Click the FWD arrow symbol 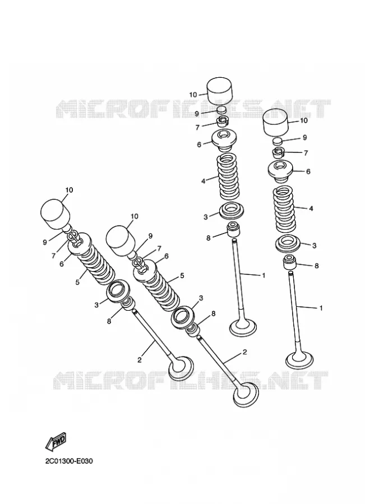[56, 441]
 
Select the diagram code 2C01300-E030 [69, 461]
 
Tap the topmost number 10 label [193, 95]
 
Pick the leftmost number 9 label [45, 242]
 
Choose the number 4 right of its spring [311, 208]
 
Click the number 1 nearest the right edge [321, 308]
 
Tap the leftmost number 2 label [140, 360]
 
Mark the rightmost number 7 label [306, 153]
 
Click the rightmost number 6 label [308, 171]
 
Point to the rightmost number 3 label [314, 246]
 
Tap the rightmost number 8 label [316, 266]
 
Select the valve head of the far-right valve [299, 361]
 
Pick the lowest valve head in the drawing [246, 395]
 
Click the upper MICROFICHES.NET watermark [193, 109]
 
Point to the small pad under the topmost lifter [221, 110]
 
